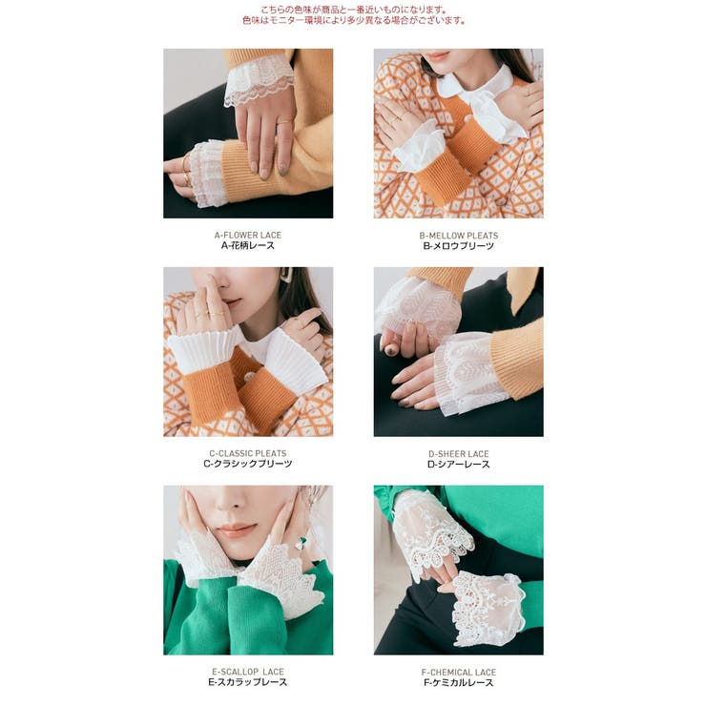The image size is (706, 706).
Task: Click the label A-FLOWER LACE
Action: (x=248, y=235)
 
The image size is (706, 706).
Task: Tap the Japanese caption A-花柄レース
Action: (x=248, y=245)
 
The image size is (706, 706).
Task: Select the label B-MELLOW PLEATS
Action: (x=458, y=236)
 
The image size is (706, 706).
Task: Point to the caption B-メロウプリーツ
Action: (x=458, y=246)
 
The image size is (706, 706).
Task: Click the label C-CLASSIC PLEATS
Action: (x=248, y=453)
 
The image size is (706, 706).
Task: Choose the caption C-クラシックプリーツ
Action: (x=248, y=464)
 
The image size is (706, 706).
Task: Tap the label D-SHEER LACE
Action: (x=458, y=454)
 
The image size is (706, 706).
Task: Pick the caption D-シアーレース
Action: (x=458, y=465)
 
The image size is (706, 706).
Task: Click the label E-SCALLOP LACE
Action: (x=248, y=672)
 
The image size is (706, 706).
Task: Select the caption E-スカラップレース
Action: (x=248, y=682)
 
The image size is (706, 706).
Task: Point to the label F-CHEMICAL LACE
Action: (x=458, y=673)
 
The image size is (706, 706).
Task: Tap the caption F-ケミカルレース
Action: (x=458, y=682)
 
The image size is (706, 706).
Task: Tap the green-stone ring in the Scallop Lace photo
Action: (x=301, y=544)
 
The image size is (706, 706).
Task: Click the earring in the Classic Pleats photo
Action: (x=286, y=275)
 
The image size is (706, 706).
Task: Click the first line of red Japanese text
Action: (x=353, y=10)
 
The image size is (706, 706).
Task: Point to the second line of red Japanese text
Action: (x=353, y=20)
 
